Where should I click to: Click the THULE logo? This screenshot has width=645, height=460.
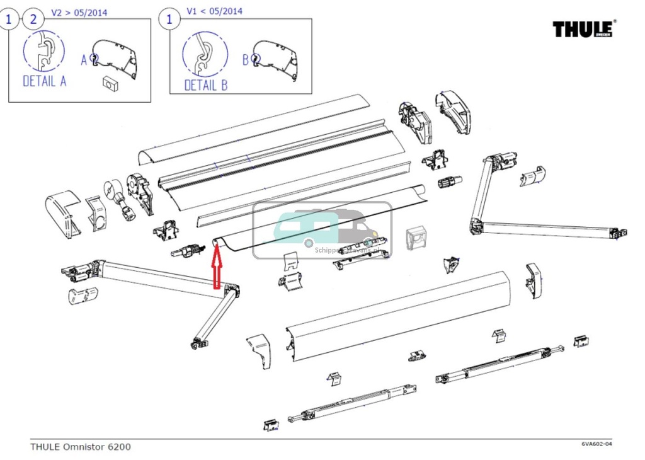pos(583,29)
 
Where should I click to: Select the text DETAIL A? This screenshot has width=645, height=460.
pos(44,81)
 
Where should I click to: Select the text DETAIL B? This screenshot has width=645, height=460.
pos(205,84)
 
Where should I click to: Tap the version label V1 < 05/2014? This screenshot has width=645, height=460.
pos(214,11)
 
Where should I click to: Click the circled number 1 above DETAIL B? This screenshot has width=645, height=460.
pos(168,20)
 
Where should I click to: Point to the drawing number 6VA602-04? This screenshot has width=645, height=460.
pos(596,444)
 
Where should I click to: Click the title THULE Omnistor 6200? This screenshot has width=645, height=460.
pos(81,447)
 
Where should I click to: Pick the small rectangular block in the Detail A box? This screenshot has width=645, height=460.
pos(110,82)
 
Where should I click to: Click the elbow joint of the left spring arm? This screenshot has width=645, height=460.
pos(232,292)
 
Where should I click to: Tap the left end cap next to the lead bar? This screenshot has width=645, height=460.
pos(259,349)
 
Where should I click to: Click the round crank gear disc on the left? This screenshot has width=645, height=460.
pos(109,188)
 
